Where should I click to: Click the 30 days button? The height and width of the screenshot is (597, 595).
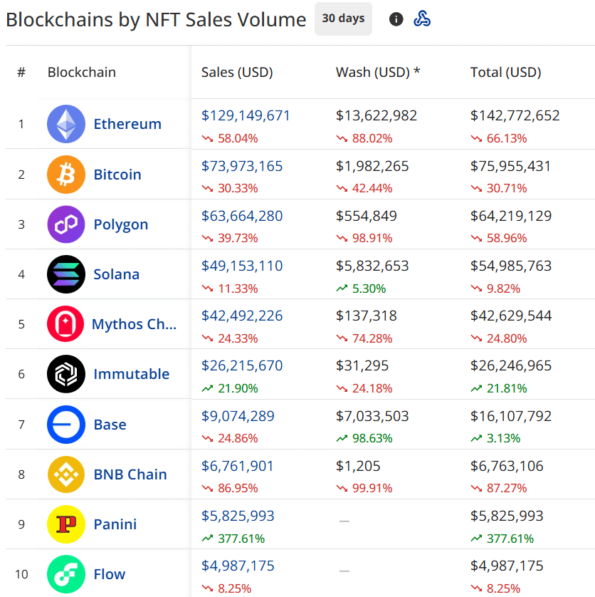tap(343, 19)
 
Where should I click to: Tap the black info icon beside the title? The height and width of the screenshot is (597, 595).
tap(396, 19)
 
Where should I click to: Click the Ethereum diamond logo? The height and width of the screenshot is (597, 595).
tap(66, 124)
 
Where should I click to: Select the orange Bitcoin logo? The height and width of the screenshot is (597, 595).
tap(66, 175)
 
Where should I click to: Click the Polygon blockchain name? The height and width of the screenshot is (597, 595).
tap(121, 224)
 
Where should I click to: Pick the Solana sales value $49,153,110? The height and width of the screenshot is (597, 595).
tap(242, 266)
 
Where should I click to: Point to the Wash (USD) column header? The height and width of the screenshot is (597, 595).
tap(378, 72)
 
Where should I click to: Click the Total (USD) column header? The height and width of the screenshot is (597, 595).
tap(505, 72)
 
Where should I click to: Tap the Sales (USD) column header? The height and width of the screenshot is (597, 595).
tap(237, 72)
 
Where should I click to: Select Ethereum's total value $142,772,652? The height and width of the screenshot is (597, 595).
tap(515, 115)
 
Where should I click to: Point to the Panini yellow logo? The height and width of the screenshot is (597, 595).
tap(66, 524)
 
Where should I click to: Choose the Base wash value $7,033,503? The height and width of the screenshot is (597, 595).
tap(377, 416)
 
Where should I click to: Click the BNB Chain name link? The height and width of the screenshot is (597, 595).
tap(130, 474)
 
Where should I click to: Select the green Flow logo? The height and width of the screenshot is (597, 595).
tap(66, 574)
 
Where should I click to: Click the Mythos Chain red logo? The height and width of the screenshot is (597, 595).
tap(66, 324)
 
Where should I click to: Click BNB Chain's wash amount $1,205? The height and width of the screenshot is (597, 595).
tap(359, 466)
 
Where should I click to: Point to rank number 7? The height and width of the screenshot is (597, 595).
tap(21, 425)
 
